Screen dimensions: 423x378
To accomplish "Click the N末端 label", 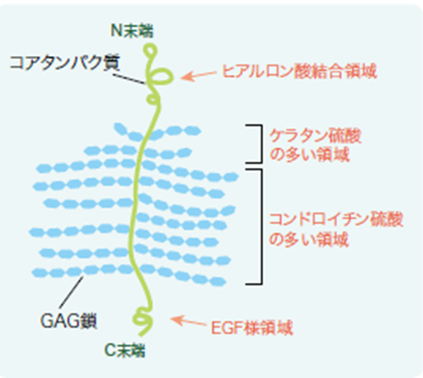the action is pyautogui.click(x=132, y=31).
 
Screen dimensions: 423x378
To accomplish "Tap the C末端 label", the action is pyautogui.click(x=125, y=350).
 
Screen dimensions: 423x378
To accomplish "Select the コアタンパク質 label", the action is pyautogui.click(x=64, y=63).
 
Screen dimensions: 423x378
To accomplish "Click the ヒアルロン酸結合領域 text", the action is pyautogui.click(x=299, y=71).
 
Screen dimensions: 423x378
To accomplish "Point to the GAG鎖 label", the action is pyautogui.click(x=69, y=320).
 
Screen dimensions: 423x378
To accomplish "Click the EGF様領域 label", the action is pyautogui.click(x=252, y=327).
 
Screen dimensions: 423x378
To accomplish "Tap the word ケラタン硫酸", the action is pyautogui.click(x=315, y=136).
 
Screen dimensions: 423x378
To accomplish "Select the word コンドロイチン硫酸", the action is pyautogui.click(x=336, y=219).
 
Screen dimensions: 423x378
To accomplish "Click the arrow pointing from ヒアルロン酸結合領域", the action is pyautogui.click(x=199, y=76).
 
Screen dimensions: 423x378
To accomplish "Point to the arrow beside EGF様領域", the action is pyautogui.click(x=189, y=321).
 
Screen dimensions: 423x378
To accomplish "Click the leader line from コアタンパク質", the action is pyautogui.click(x=129, y=79).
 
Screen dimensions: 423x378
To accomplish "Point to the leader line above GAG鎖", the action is pyautogui.click(x=71, y=292).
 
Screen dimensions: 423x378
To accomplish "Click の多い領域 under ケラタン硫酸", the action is pyautogui.click(x=310, y=154).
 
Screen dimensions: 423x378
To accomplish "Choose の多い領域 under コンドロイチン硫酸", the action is pyautogui.click(x=309, y=239).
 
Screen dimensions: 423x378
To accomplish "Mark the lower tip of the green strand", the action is pyautogui.click(x=140, y=335).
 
